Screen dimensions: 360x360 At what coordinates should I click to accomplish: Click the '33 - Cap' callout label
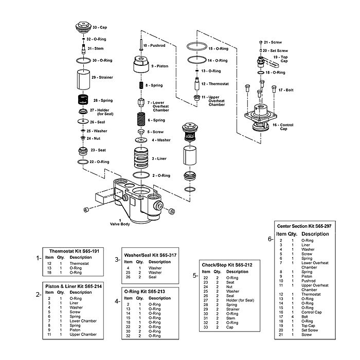pos(100,27)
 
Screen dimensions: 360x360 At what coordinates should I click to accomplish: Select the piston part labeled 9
pos(140,66)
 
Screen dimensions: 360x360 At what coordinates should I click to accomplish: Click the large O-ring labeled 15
pos(196,48)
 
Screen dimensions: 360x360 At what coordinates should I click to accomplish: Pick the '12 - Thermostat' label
pos(215,84)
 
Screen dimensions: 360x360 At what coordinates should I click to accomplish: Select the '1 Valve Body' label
pos(119,223)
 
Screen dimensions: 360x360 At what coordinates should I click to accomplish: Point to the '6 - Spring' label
pos(156,120)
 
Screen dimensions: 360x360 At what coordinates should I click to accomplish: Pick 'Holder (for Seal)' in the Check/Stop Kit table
pos(240,300)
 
